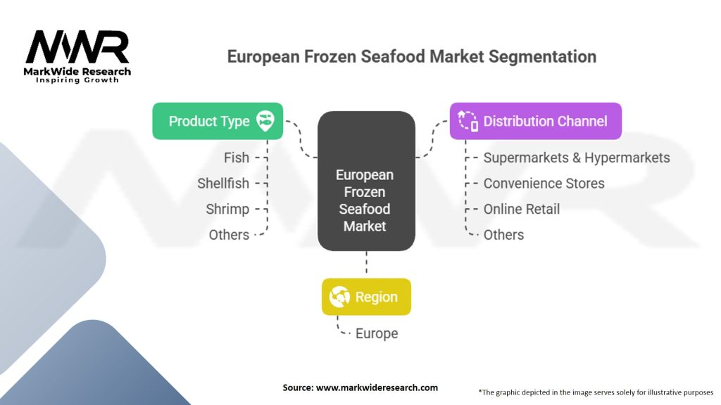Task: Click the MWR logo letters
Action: [77, 47]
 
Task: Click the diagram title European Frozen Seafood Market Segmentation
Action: [411, 56]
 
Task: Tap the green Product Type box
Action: [218, 121]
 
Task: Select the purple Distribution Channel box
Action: [536, 121]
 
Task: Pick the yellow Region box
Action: [366, 297]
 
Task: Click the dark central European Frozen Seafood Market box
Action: [366, 181]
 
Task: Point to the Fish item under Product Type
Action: [237, 157]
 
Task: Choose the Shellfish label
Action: [223, 184]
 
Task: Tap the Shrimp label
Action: [227, 210]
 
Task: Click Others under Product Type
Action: [229, 235]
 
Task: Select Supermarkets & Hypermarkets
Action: [577, 158]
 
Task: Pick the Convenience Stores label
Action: [544, 184]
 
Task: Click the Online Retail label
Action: [522, 209]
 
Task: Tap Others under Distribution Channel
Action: [503, 235]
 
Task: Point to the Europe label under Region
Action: [377, 333]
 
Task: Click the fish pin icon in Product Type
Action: [265, 121]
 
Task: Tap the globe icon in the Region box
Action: [339, 297]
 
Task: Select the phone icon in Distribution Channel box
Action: [468, 121]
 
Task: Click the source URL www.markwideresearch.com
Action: [377, 387]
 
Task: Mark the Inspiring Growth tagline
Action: [77, 80]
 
